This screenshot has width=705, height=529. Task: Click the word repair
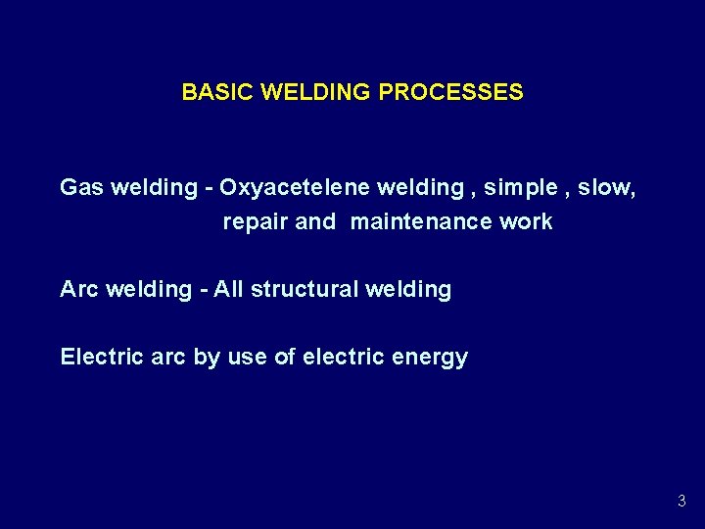tap(256, 222)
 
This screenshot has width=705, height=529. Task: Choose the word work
tap(526, 222)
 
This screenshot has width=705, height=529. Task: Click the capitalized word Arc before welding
tap(77, 289)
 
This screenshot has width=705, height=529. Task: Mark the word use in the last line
tap(247, 358)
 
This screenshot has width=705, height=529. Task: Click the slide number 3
tap(681, 502)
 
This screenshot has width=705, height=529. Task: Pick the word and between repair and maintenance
tap(315, 222)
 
